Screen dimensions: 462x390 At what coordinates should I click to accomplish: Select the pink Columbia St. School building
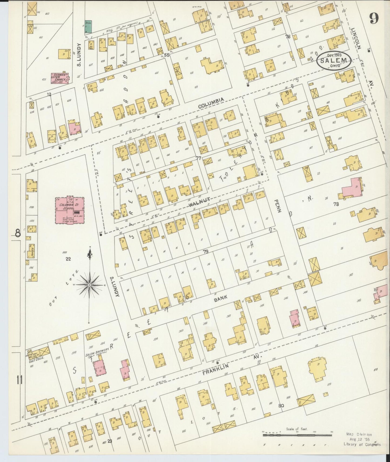[70, 210]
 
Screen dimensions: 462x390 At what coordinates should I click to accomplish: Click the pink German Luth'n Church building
[60, 77]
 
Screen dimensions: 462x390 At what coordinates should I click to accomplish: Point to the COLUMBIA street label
[211, 104]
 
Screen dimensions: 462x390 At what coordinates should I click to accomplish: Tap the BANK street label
[221, 299]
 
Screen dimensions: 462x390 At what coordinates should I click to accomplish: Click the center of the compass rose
[89, 285]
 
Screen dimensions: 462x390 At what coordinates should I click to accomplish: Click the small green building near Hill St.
[88, 27]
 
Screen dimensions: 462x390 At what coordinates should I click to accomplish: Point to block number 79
[206, 252]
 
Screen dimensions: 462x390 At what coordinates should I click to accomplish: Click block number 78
[336, 205]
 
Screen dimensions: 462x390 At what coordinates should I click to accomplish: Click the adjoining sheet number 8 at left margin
[17, 233]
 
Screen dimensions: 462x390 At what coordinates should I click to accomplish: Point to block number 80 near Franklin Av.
[281, 405]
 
